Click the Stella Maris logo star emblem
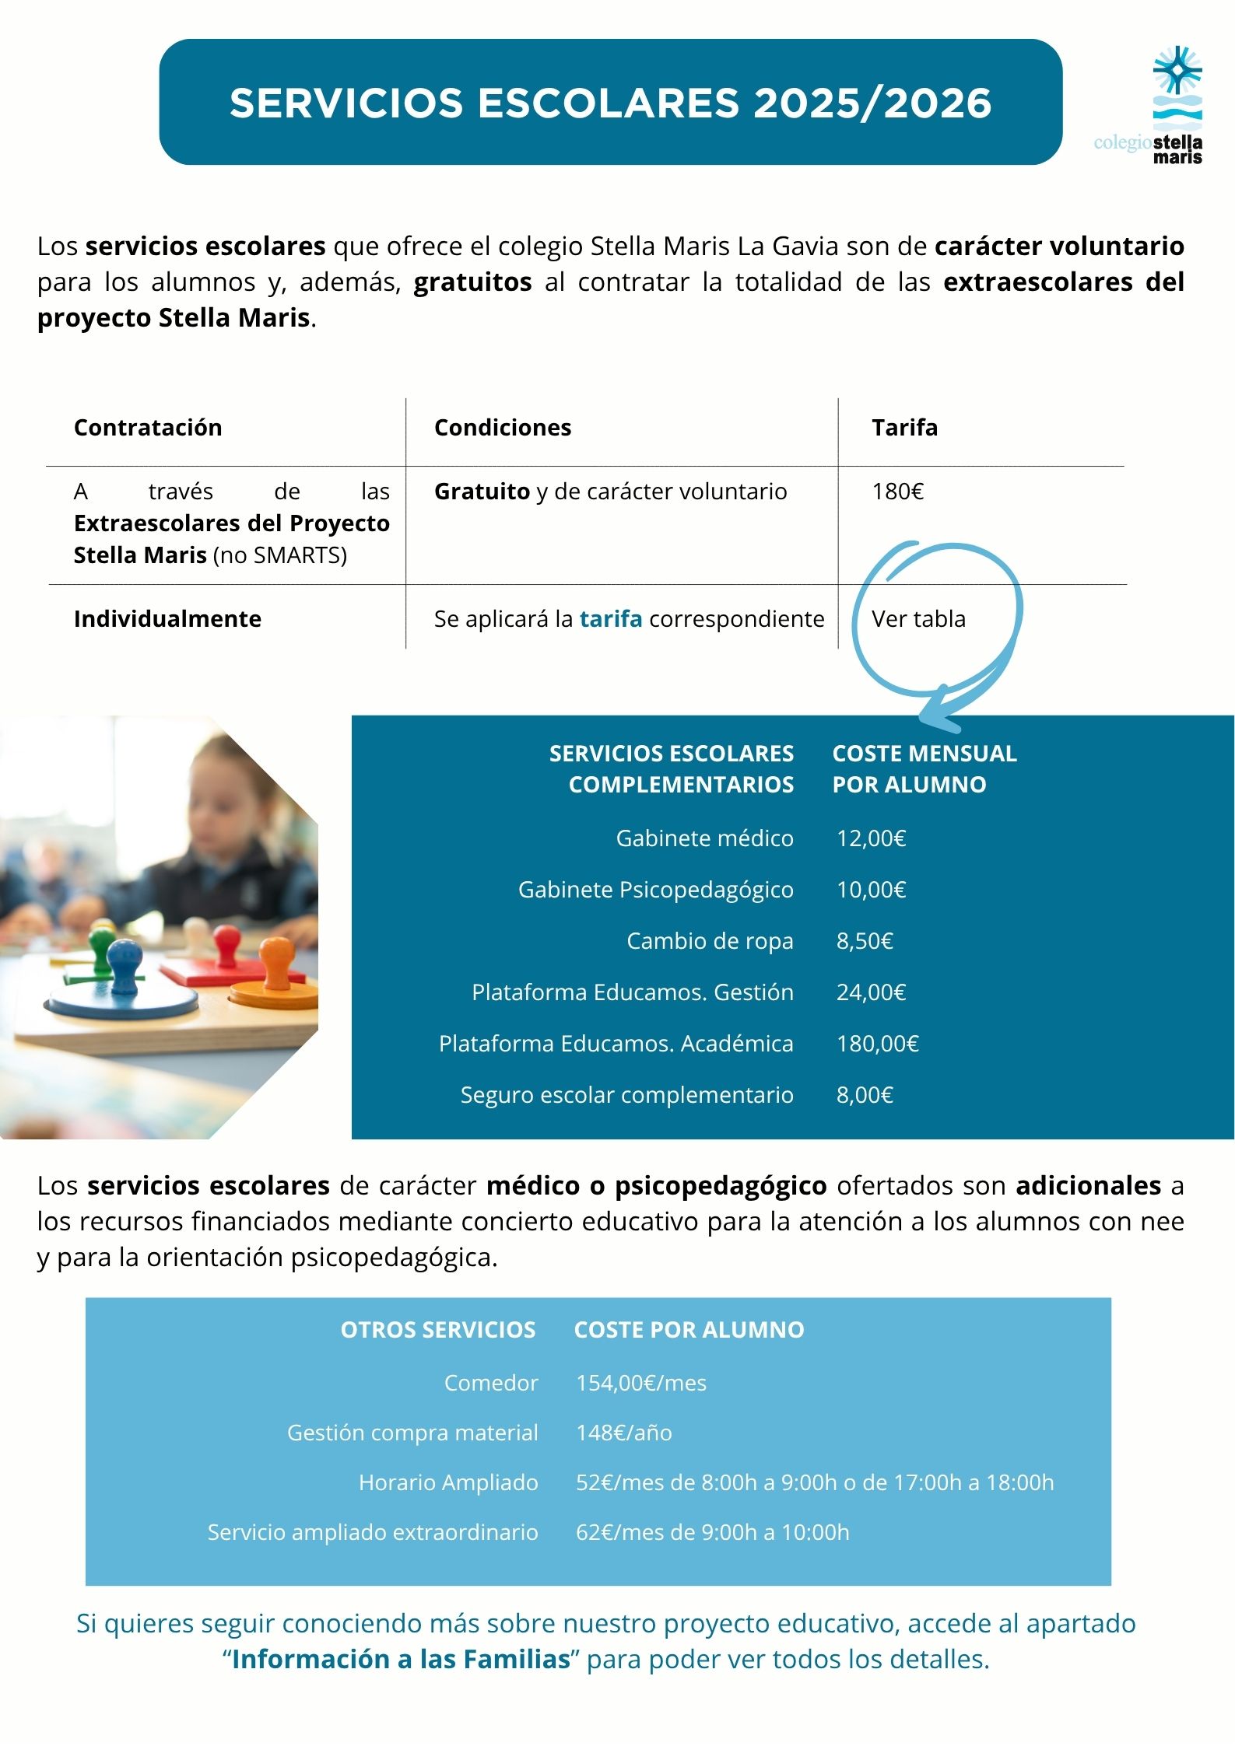[1177, 71]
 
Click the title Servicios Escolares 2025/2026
[610, 103]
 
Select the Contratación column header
[148, 427]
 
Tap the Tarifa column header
[904, 427]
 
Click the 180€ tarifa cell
[897, 492]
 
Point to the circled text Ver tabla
[918, 619]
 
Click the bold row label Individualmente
[167, 619]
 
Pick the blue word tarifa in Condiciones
[611, 619]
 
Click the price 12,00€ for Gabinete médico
[871, 838]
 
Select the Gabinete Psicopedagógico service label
[655, 890]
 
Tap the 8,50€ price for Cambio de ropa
[864, 941]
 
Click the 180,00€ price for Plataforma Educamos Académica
[877, 1044]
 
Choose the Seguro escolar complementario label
[626, 1095]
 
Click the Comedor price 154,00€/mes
[640, 1383]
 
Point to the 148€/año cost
[623, 1433]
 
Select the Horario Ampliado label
[448, 1482]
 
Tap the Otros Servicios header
[437, 1330]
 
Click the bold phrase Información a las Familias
[401, 1659]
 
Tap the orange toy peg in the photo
[276, 959]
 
